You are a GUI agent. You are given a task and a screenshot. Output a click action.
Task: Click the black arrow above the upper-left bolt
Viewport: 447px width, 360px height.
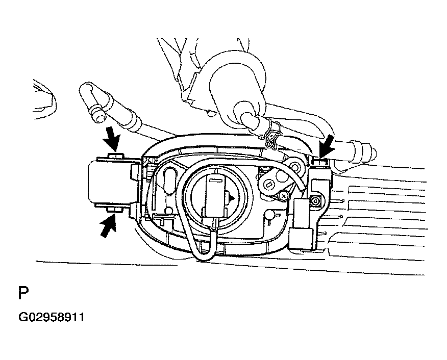pos(112,139)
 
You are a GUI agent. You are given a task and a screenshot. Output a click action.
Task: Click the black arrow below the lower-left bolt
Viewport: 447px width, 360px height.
pos(108,226)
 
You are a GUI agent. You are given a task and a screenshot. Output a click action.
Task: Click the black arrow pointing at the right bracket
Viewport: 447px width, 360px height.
pos(327,147)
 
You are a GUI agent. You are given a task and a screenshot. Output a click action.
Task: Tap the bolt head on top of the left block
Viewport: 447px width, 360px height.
pos(116,156)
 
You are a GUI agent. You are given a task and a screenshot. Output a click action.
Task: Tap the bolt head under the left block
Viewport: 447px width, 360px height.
pos(115,210)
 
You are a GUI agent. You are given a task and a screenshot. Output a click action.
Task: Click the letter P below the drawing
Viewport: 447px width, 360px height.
pos(23,293)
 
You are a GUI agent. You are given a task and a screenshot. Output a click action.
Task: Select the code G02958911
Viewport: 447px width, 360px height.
pos(52,317)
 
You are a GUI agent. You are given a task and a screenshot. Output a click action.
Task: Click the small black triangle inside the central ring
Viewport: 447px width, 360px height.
pos(232,198)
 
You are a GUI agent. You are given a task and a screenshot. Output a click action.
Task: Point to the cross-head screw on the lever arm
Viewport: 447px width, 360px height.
pos(283,196)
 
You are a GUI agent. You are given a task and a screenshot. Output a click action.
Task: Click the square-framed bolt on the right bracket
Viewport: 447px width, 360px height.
pos(315,201)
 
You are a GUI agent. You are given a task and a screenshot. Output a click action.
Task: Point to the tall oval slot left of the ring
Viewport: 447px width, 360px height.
pos(170,181)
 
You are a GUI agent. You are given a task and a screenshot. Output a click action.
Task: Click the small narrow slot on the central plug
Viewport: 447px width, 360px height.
pos(216,180)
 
